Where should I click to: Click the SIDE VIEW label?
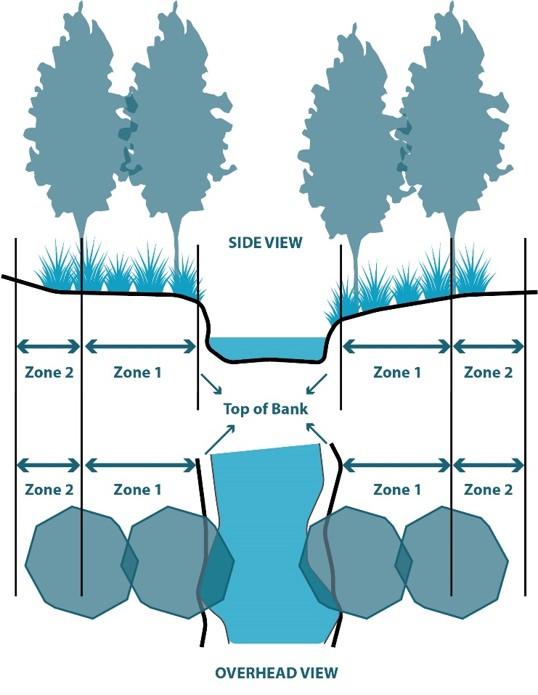pyautogui.click(x=266, y=242)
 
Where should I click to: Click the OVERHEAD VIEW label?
pyautogui.click(x=276, y=673)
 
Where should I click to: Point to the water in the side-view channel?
pyautogui.click(x=266, y=348)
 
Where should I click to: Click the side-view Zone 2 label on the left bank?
pyautogui.click(x=49, y=373)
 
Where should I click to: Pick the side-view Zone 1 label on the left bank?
pyautogui.click(x=138, y=373)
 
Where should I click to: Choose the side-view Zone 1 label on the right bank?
pyautogui.click(x=396, y=373)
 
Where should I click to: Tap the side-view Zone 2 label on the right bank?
pyautogui.click(x=488, y=373)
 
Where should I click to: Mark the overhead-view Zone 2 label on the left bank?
pyautogui.click(x=49, y=490)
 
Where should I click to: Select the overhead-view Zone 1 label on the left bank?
pyautogui.click(x=138, y=490)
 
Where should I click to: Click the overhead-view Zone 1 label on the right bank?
pyautogui.click(x=396, y=490)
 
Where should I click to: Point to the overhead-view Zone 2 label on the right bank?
pyautogui.click(x=488, y=490)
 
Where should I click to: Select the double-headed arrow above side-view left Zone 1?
pyautogui.click(x=139, y=345)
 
